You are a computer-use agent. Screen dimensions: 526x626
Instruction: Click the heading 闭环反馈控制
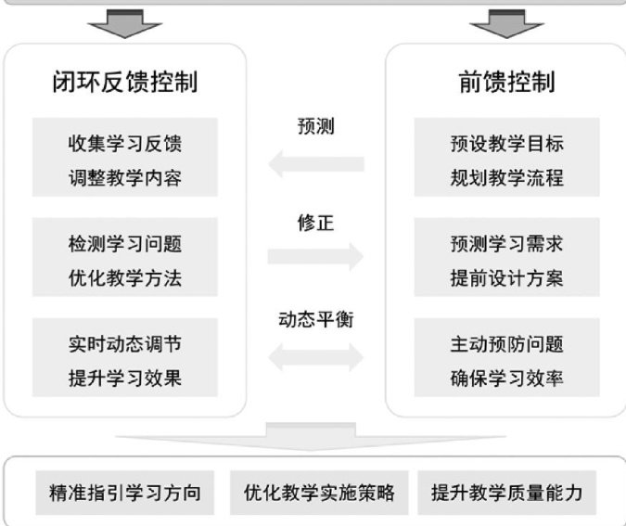tap(124, 83)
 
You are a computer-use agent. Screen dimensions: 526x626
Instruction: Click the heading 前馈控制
tap(506, 83)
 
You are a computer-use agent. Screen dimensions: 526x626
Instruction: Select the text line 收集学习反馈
tap(124, 145)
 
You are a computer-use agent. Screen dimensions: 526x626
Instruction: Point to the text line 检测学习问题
tap(124, 245)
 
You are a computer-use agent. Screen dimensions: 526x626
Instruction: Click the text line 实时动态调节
tap(124, 345)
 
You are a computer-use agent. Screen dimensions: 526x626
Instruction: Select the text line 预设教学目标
tap(506, 145)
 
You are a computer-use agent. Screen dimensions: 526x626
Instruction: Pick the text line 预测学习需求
tap(506, 245)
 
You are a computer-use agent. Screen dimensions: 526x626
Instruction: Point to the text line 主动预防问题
tap(506, 345)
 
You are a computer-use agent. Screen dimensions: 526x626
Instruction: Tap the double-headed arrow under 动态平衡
tap(315, 353)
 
